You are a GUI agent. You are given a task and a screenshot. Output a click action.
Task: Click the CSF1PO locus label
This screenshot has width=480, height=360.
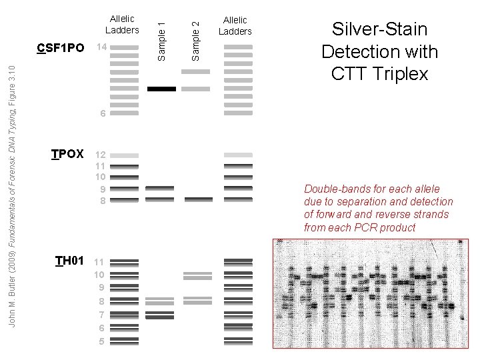click(x=61, y=48)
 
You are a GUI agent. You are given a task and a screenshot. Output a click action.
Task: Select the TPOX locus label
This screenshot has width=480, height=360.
click(x=67, y=155)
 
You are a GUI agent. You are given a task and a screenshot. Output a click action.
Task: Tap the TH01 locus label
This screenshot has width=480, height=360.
click(x=69, y=260)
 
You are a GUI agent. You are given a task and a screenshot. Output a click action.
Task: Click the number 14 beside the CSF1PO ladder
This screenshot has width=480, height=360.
click(x=101, y=48)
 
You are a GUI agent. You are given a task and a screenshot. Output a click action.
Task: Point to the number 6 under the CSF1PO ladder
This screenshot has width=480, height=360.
click(x=102, y=114)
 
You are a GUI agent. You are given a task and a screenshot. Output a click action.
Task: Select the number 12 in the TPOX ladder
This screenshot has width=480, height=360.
click(x=101, y=155)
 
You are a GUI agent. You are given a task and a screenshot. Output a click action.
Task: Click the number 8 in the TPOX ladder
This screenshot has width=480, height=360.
click(x=102, y=199)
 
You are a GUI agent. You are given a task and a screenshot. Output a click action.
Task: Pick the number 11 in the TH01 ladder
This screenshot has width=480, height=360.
click(x=99, y=263)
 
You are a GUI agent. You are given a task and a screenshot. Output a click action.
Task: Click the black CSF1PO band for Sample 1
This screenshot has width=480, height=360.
click(x=161, y=89)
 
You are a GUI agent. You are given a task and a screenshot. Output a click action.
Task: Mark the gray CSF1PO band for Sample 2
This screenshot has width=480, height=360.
click(x=195, y=89)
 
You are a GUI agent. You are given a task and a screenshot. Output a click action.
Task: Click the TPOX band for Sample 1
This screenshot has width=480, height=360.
click(x=159, y=189)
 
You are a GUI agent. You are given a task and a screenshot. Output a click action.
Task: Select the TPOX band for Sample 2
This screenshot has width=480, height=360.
click(x=199, y=199)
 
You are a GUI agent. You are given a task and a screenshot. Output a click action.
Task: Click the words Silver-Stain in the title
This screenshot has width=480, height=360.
click(x=379, y=30)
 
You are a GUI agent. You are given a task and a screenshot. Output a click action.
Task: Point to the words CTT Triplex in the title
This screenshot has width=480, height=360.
click(x=379, y=73)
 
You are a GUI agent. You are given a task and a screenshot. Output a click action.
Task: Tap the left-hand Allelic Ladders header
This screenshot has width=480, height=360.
click(x=122, y=25)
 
